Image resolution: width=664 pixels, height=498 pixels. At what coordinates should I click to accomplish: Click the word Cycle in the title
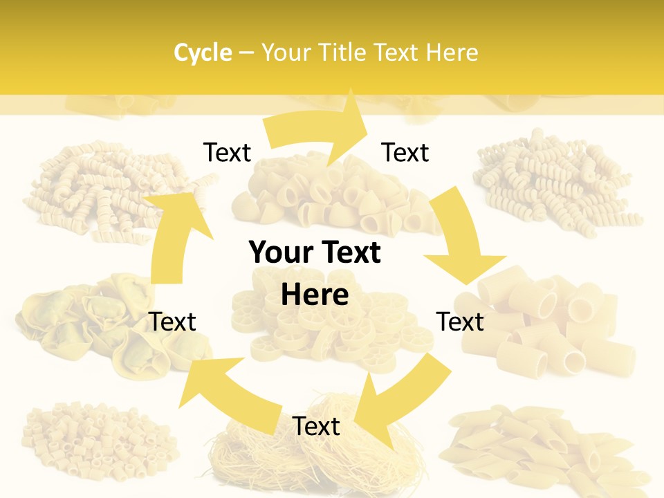tap(203, 53)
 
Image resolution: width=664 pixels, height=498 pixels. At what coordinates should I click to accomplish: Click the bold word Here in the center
tap(315, 295)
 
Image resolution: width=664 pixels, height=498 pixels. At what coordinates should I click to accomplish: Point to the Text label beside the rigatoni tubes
tap(460, 322)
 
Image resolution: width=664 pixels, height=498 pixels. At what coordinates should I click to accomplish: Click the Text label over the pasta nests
tap(316, 426)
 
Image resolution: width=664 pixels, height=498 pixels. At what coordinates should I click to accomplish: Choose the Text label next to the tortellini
tap(173, 322)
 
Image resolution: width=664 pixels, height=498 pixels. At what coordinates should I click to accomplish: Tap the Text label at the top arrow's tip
tap(405, 152)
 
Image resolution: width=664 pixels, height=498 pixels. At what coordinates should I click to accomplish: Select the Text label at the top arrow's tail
tap(227, 152)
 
